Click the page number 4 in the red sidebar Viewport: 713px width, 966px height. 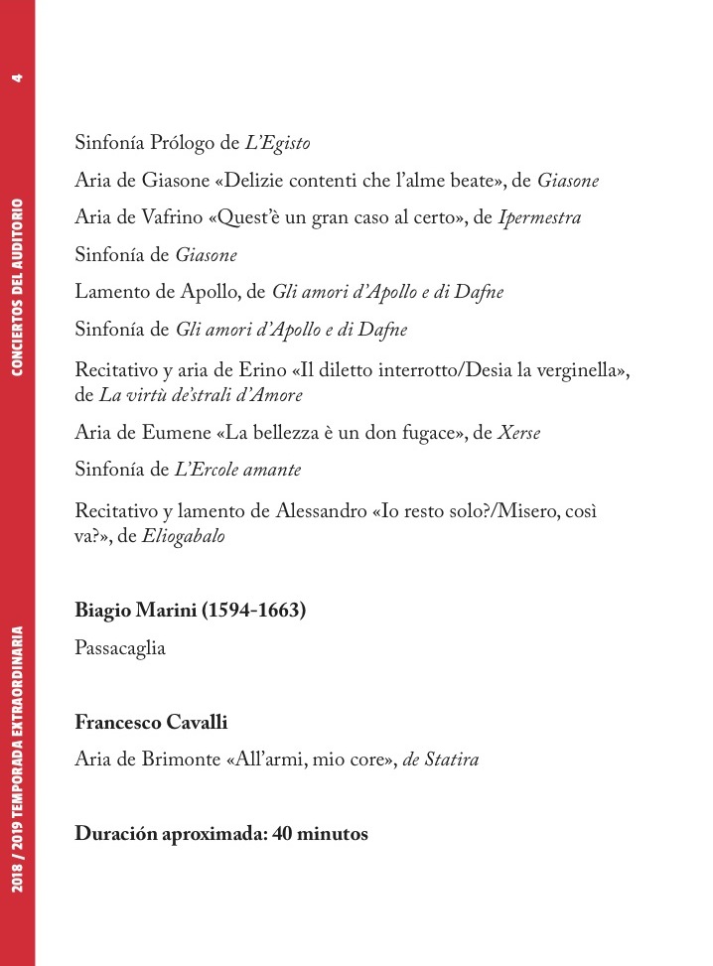17,77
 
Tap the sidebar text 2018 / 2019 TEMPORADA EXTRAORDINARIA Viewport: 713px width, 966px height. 17,758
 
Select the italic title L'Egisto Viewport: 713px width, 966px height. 278,144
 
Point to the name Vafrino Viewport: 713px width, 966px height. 149,218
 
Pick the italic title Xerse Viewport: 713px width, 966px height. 518,434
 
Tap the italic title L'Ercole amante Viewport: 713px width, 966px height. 238,470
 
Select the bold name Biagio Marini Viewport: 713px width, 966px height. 136,611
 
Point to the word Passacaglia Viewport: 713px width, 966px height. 120,648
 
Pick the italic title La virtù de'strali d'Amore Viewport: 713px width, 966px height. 202,395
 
